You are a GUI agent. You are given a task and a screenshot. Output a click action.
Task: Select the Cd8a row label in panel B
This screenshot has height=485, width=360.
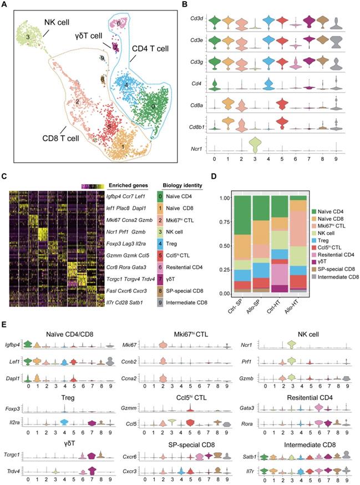(199, 103)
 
